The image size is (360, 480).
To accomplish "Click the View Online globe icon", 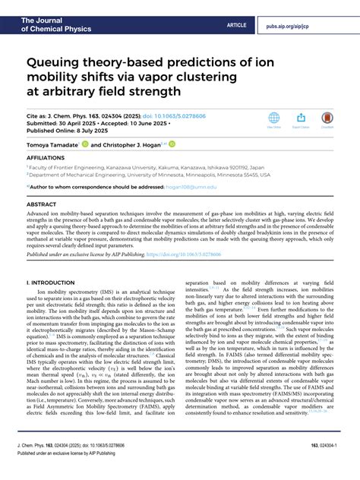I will tap(273, 119).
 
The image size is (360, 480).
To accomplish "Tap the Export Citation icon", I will tap(301, 119).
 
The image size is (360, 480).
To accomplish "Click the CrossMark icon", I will tap(327, 119).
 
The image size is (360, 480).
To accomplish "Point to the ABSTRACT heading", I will tap(41, 204).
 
